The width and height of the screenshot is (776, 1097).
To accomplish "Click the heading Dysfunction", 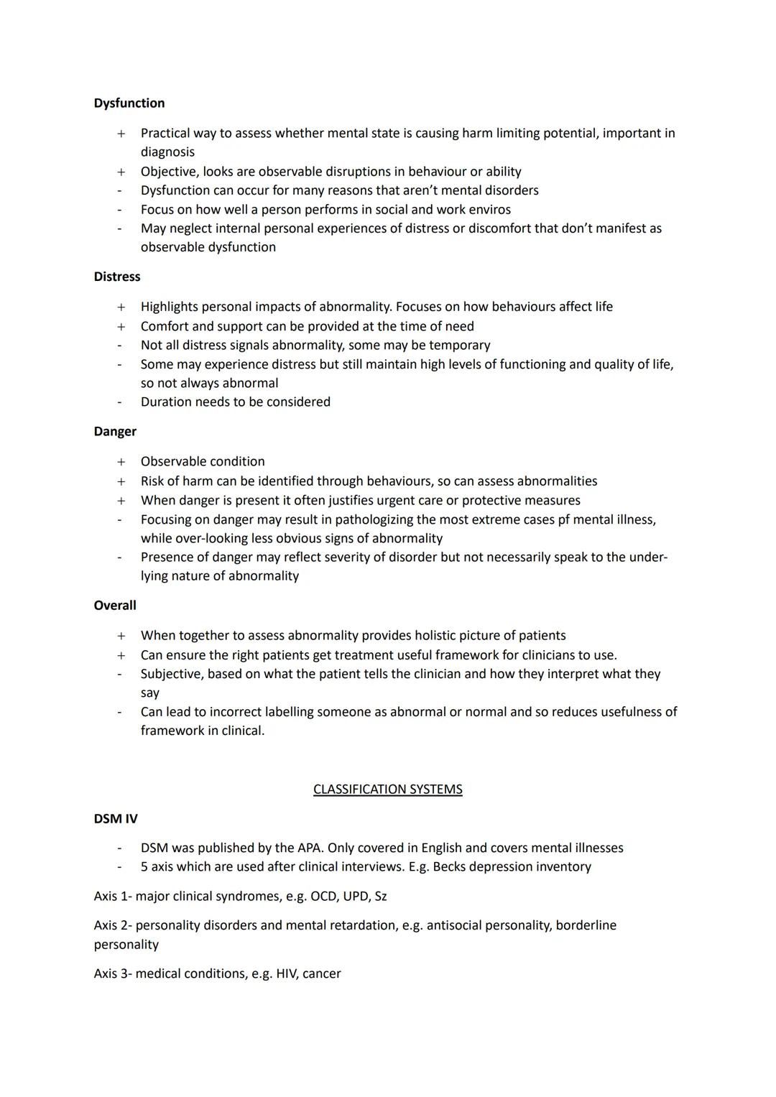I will tap(129, 103).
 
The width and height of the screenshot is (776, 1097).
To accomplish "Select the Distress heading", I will tap(117, 277).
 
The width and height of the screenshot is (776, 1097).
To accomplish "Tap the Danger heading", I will tap(115, 432).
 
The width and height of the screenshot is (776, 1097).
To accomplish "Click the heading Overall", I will tap(115, 606).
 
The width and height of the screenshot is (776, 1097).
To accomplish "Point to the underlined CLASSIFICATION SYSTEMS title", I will tap(388, 790).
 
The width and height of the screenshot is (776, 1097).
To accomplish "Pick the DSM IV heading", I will tap(116, 819).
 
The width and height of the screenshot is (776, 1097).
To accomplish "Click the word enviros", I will tap(489, 210).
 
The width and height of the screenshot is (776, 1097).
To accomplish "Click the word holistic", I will tap(430, 636).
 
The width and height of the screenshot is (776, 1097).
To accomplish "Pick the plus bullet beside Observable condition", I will tap(121, 462).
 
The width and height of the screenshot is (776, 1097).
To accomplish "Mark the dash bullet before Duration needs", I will tap(120, 402).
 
